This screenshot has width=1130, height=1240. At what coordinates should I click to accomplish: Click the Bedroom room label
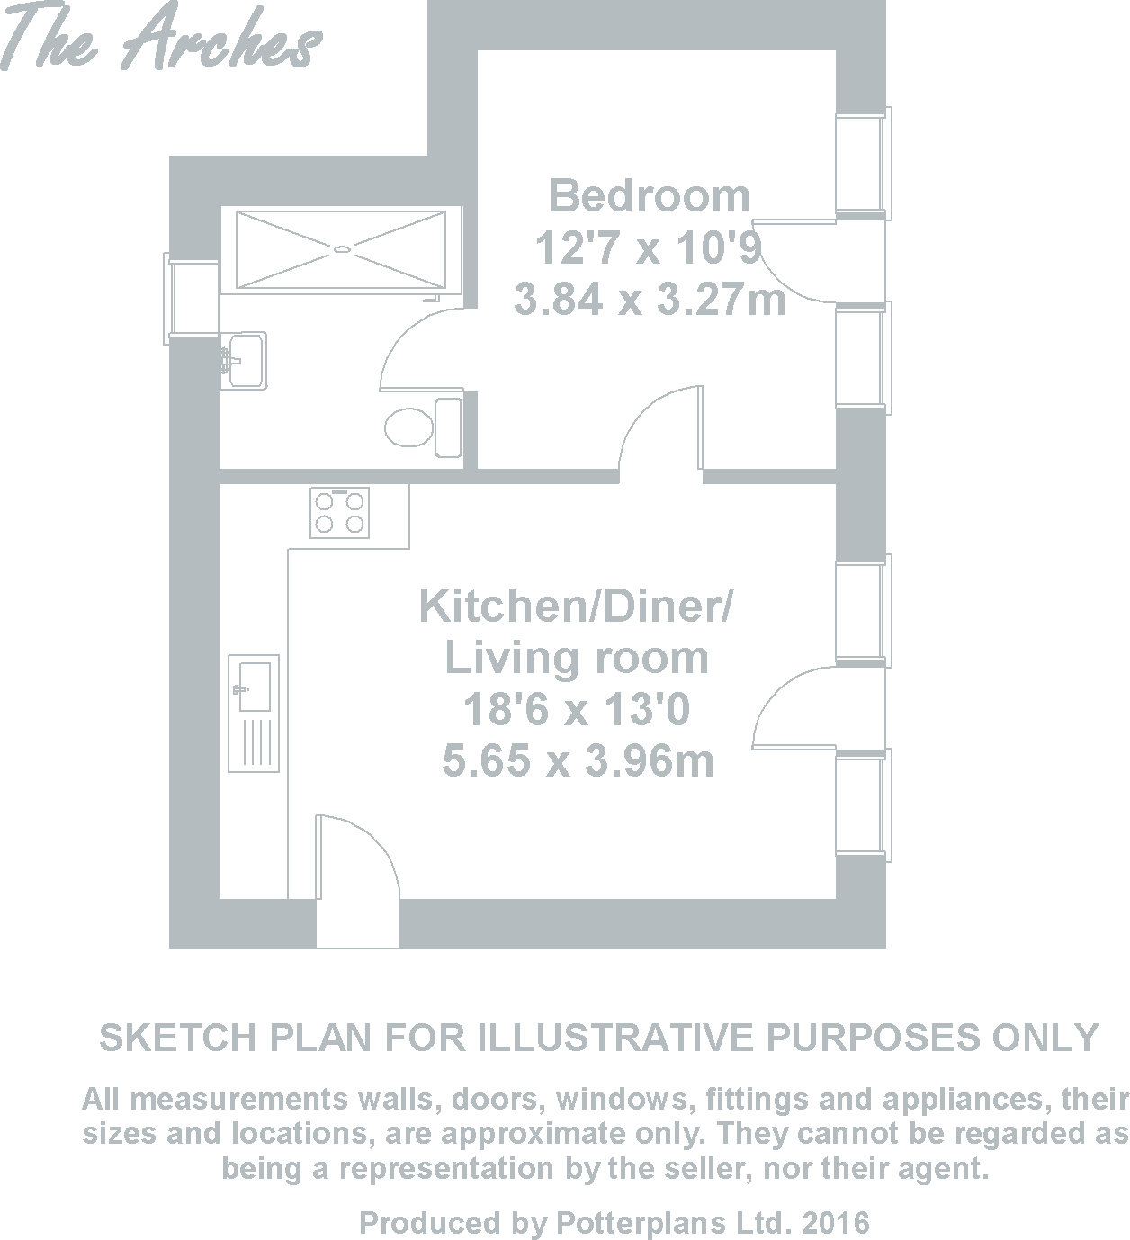point(649,196)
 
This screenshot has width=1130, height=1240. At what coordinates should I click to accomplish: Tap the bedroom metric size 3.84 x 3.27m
point(650,299)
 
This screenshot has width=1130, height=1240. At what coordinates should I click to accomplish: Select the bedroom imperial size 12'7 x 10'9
point(647,247)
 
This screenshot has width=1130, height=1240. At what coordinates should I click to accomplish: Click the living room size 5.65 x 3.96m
point(578,760)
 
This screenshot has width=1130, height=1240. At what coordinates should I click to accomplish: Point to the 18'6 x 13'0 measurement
point(577,709)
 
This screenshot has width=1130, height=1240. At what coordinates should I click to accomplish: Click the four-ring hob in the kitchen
point(339,512)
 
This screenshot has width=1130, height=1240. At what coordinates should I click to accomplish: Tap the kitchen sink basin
point(254,687)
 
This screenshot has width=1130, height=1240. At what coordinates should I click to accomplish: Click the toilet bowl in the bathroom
point(409,427)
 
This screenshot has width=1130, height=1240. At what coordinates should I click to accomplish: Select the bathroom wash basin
point(244,360)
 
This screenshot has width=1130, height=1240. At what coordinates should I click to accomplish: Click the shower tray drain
point(342,250)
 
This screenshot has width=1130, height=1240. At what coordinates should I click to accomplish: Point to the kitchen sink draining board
point(254,742)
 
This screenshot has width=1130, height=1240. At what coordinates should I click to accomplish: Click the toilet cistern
point(448,427)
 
